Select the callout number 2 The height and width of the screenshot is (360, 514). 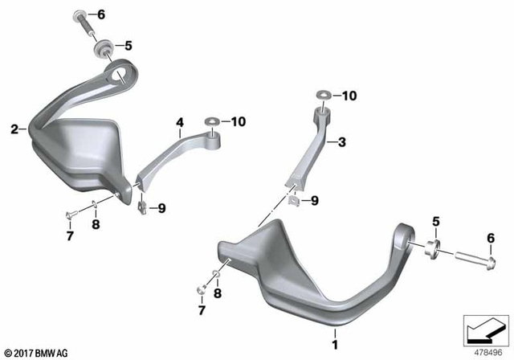coord(14,129)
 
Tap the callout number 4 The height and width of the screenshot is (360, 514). coord(180,123)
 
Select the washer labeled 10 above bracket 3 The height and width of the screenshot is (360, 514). coord(322,96)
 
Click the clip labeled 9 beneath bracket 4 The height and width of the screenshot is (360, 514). coord(141,208)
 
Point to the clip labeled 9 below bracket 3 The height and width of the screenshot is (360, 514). coord(294,200)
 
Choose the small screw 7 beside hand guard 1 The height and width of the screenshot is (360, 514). coord(202,288)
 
